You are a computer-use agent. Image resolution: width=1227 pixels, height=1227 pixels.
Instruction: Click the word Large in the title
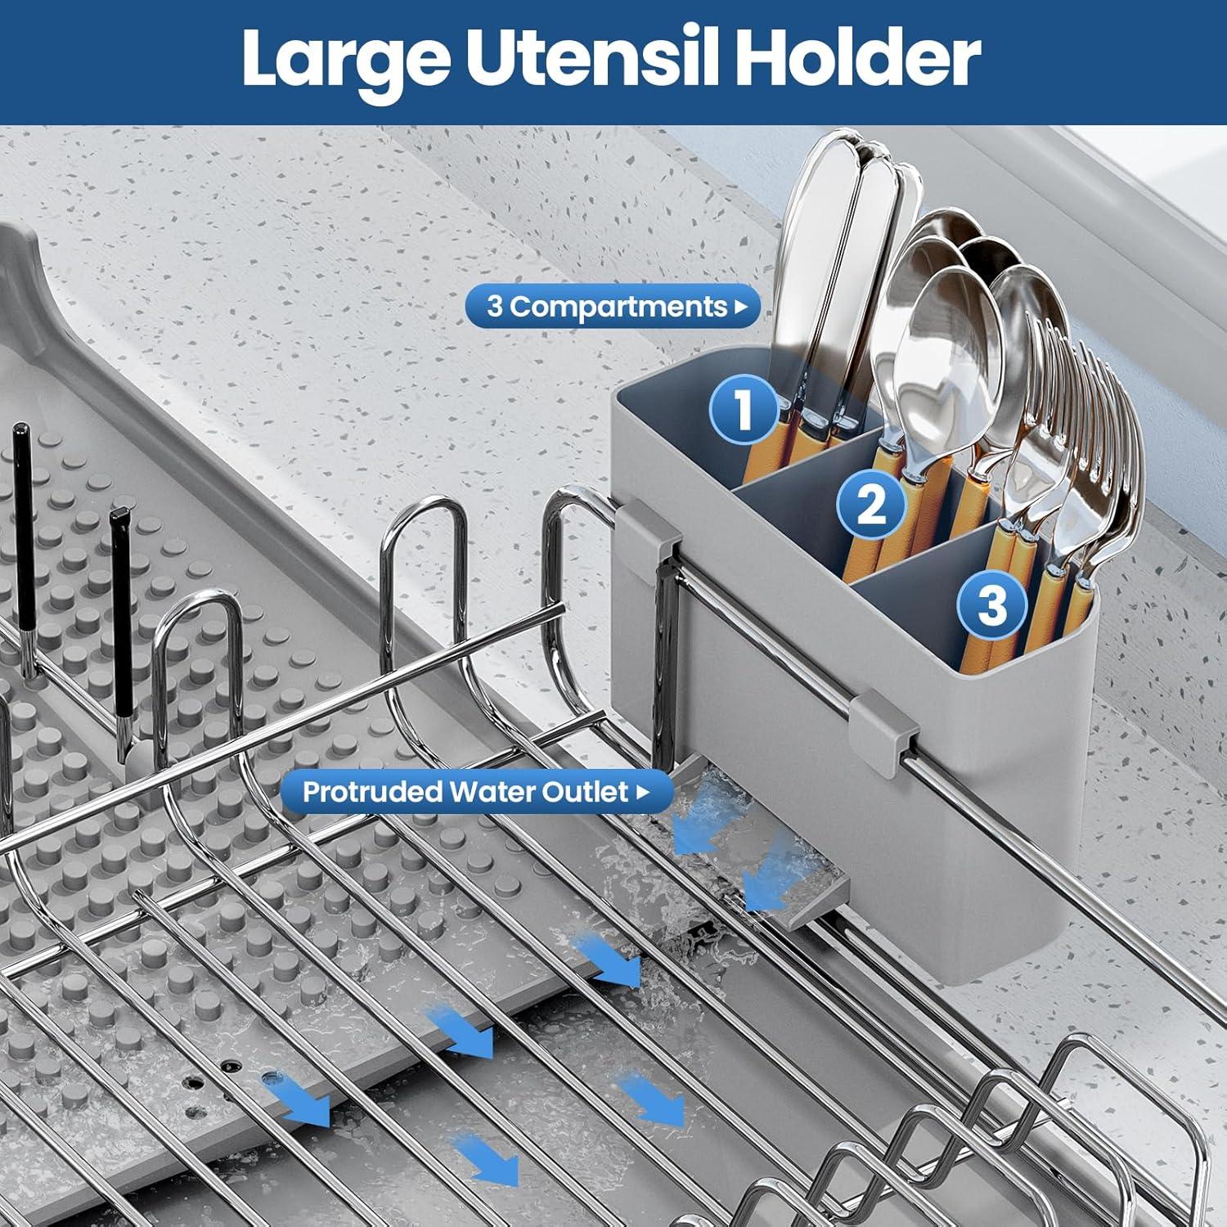340,59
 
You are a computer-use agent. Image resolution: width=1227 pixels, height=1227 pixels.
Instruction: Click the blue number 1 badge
743,408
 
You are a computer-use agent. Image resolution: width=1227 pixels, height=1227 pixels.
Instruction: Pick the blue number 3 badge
992,605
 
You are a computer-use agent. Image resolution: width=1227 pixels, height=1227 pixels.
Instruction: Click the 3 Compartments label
606,307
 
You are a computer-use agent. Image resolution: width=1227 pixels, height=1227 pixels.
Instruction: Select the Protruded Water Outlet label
465,792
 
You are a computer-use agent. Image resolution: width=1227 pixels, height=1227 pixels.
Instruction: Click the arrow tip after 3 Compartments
741,308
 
